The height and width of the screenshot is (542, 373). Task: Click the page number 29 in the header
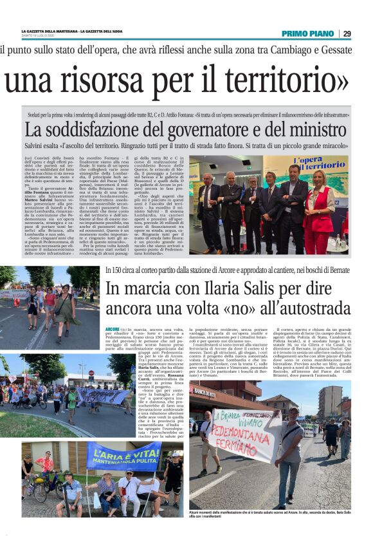(x=347, y=33)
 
